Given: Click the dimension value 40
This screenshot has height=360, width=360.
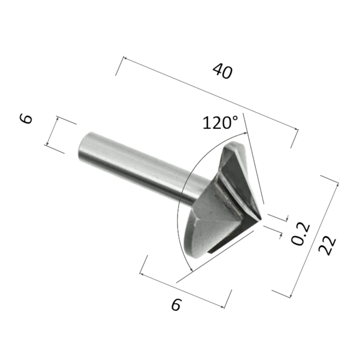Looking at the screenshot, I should click(222, 71).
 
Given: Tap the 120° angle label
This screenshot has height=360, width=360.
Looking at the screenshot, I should click(220, 123).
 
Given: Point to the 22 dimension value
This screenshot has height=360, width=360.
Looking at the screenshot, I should click(328, 246).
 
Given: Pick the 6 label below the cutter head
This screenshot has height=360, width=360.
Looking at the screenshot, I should click(175, 305).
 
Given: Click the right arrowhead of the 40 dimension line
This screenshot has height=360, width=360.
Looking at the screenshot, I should click(297, 129).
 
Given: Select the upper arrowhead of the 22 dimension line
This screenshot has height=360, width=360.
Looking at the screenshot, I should click(337, 184).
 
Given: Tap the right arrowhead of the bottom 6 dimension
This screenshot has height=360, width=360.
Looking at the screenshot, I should click(224, 307).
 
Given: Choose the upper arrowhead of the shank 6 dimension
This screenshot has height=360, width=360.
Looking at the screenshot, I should click(57, 118).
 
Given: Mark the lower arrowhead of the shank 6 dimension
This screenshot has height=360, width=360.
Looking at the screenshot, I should click(47, 144).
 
